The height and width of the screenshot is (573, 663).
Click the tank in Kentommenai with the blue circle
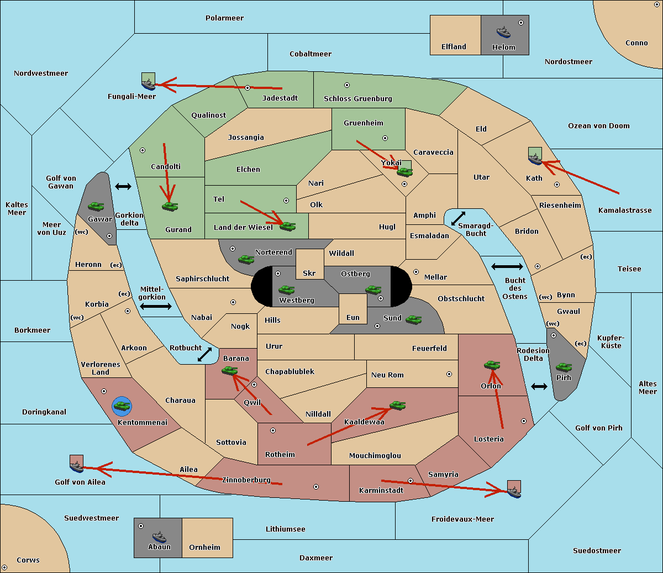click(x=122, y=406)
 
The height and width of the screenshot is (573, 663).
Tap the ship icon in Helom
click(x=503, y=32)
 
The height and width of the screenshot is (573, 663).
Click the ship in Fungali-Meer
click(x=148, y=84)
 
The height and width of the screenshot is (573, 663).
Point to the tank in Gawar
click(x=96, y=206)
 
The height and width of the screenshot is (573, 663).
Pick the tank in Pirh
click(x=564, y=367)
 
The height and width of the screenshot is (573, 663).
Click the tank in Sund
click(x=413, y=319)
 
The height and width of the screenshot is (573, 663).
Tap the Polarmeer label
click(x=224, y=18)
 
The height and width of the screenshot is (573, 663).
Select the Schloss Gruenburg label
click(x=357, y=98)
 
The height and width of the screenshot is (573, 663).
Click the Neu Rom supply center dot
click(x=449, y=374)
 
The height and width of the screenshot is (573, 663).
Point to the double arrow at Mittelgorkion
click(x=156, y=306)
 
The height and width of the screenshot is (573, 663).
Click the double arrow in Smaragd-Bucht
click(x=458, y=218)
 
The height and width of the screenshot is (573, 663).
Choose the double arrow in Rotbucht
click(x=204, y=354)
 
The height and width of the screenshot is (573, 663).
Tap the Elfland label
click(x=454, y=47)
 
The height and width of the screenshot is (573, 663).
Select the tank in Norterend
click(x=246, y=259)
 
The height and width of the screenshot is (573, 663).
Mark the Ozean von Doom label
click(x=599, y=126)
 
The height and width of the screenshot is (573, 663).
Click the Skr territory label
click(x=309, y=273)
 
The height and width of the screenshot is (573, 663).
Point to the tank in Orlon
click(x=492, y=365)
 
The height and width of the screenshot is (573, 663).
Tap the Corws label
click(x=28, y=560)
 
